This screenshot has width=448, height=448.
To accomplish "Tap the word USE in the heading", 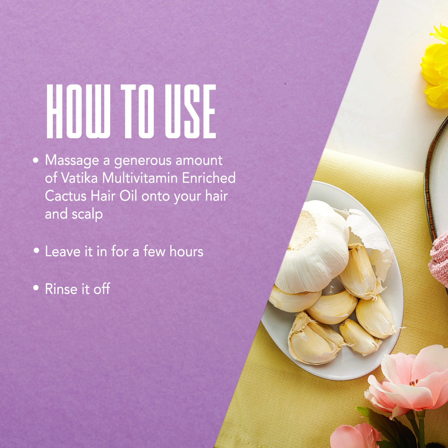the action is click(190, 111).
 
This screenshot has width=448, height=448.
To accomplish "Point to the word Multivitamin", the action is click(140, 178).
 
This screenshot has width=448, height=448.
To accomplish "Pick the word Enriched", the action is click(209, 178).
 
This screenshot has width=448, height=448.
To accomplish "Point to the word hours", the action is click(186, 251).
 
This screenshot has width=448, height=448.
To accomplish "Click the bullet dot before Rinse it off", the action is click(36, 288).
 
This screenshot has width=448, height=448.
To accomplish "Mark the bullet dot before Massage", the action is click(36, 160).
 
